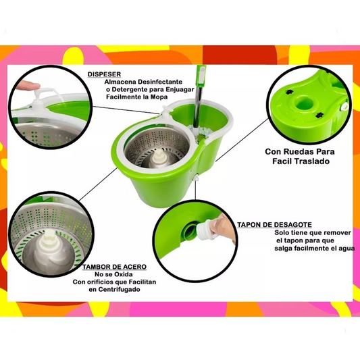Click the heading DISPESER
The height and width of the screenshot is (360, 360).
(104, 74)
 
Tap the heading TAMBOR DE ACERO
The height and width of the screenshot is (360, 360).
(114, 267)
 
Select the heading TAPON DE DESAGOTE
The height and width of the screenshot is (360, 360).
(274, 224)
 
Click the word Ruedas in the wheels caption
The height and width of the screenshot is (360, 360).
(299, 151)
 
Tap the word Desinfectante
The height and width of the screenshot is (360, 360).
(160, 82)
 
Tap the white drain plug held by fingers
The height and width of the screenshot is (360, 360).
(208, 229)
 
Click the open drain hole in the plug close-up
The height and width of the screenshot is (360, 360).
(190, 230)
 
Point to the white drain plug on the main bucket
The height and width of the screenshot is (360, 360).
(197, 178)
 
